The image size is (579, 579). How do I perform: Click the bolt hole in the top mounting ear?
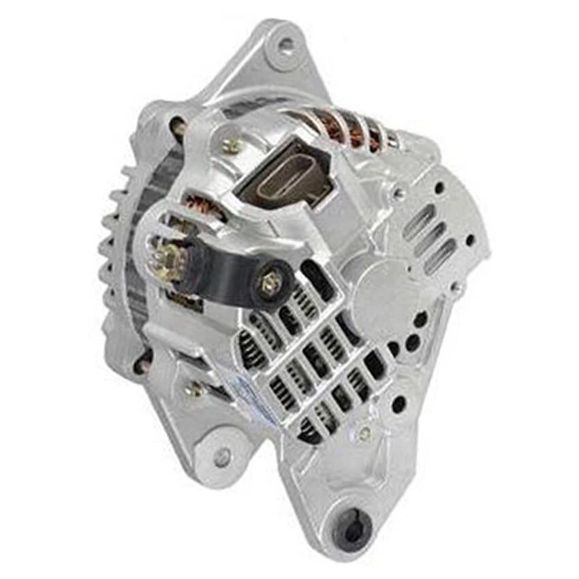[286, 46]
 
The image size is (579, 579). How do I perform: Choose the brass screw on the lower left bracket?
[196, 389]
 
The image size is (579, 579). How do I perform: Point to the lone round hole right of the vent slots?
[470, 239]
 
